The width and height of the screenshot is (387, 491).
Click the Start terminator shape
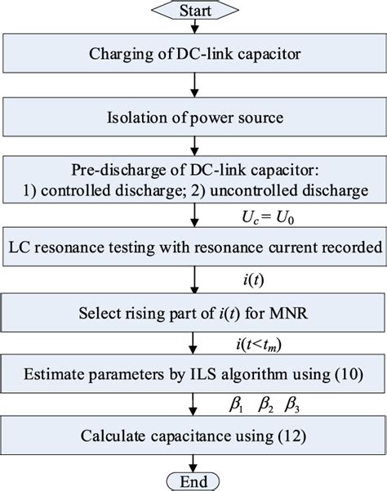193,11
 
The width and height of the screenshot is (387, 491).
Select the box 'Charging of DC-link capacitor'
193,56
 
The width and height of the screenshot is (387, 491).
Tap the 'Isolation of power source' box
193,123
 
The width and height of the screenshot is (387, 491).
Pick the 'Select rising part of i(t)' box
193,313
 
